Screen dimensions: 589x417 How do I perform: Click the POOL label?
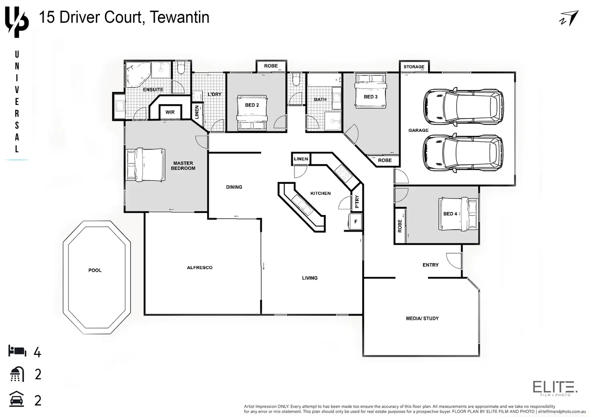tap(95, 270)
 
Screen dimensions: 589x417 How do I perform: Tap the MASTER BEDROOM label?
tap(183, 166)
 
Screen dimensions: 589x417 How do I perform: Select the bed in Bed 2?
tap(252, 113)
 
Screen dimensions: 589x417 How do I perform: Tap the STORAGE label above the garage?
tap(414, 67)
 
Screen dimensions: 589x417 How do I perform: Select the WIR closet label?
tap(170, 112)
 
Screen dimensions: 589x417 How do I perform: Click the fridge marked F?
tap(355, 222)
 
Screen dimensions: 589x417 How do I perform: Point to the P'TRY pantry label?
tap(357, 201)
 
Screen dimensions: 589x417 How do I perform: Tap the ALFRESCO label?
tap(200, 268)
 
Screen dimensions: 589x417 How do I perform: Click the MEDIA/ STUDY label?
tap(422, 318)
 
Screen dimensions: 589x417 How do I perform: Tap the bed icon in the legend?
tap(17, 351)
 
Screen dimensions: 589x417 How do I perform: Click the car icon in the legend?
tap(17, 399)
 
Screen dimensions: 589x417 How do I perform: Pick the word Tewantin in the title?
tap(179, 17)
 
